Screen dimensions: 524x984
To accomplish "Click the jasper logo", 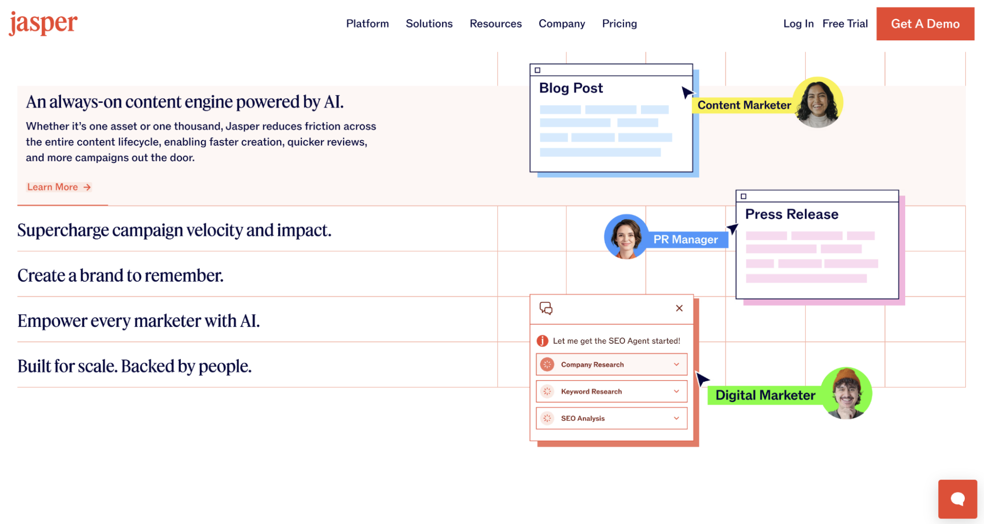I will point(43,23).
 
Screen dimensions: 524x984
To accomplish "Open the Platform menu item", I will point(367,24).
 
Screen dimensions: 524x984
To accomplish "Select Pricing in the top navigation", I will point(619,24).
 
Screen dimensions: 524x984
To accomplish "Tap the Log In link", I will point(798,24).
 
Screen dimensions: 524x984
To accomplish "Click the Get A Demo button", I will point(925,24).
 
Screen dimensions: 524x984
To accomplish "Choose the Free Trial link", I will point(845,24).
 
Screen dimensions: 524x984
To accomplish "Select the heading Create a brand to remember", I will point(120,275).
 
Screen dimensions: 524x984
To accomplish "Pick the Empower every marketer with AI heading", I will point(138,321).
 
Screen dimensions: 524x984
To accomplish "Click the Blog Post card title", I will point(571,88).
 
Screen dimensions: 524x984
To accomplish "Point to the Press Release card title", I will point(792,214).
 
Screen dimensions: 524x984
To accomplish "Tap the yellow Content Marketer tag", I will point(744,105).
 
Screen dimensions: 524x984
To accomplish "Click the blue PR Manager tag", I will point(685,239).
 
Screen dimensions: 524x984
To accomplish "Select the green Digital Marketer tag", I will point(765,395).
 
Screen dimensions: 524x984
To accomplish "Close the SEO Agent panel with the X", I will point(679,308).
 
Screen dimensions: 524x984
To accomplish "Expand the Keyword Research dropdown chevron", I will point(676,392).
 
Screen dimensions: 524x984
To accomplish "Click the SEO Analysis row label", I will point(583,418).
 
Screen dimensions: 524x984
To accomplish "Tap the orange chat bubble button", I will point(957,499).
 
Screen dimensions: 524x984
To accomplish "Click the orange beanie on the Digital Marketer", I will point(847,376).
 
